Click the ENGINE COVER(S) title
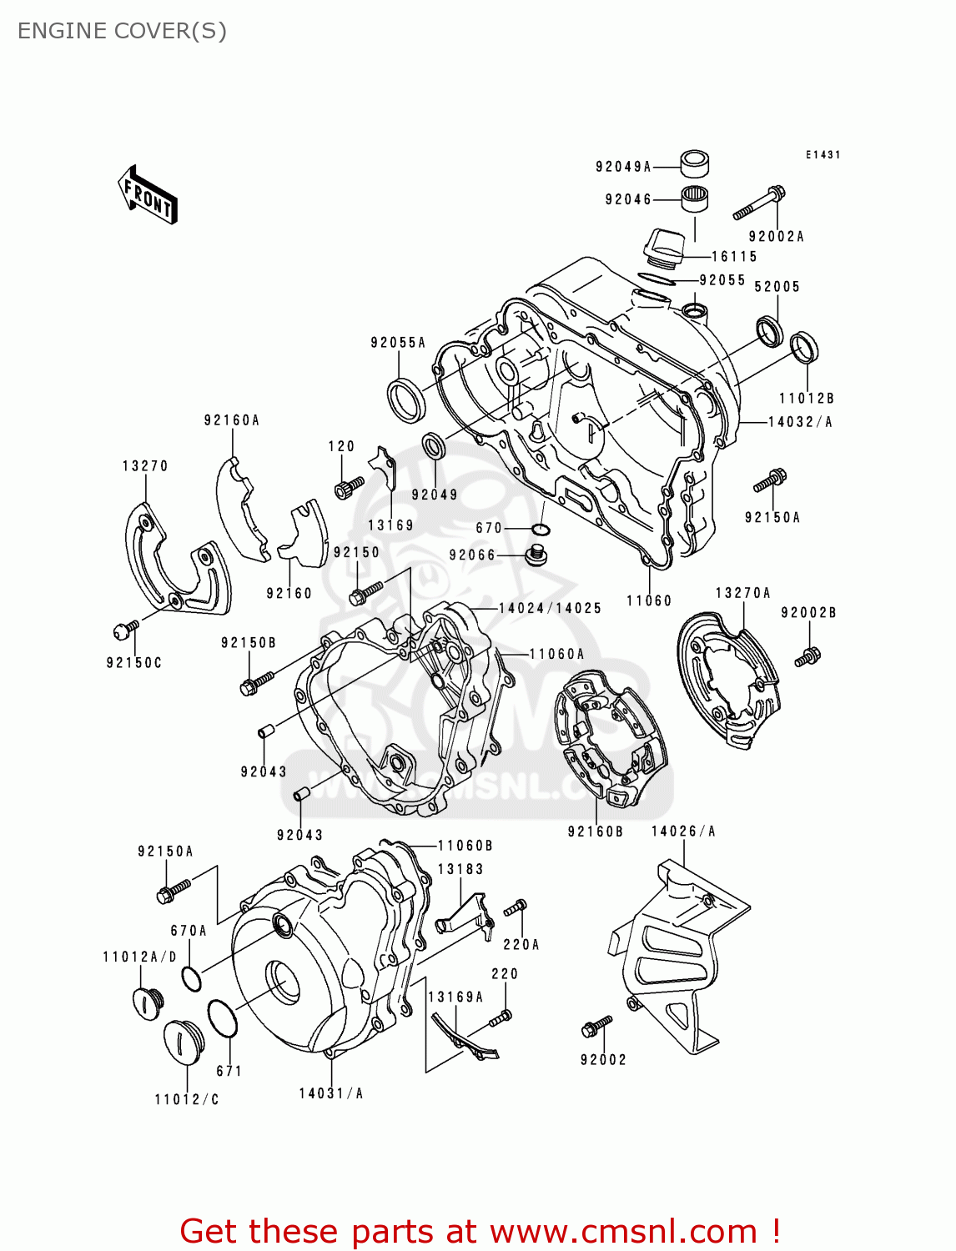(122, 31)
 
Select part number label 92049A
(622, 167)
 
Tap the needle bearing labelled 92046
(695, 199)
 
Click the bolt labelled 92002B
(808, 656)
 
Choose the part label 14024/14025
(550, 608)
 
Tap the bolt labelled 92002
(596, 1027)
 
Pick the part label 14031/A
(331, 1093)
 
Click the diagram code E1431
(823, 155)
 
